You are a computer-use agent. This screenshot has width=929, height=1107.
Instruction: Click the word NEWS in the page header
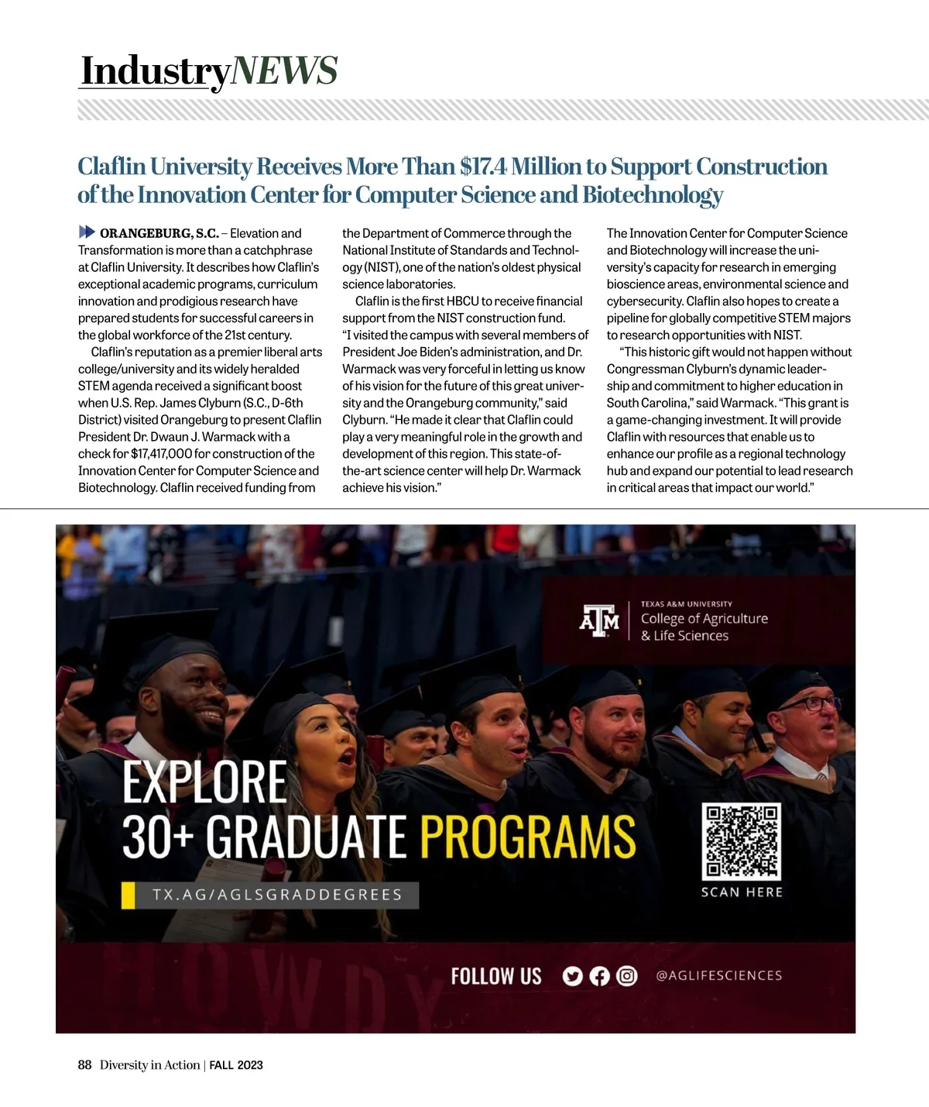[x=284, y=70]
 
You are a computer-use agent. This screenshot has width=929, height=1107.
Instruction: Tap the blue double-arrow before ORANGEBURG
[x=87, y=232]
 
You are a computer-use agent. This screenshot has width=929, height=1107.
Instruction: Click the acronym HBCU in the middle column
[x=461, y=301]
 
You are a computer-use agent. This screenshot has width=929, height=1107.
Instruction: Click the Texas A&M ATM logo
[x=599, y=620]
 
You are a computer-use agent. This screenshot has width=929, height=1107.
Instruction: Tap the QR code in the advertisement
[x=741, y=841]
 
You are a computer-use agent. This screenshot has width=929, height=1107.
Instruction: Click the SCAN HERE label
[x=742, y=892]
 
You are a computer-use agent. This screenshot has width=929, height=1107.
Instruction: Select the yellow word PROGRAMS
[x=527, y=837]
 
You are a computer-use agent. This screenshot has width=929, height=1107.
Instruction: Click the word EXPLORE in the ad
[x=204, y=783]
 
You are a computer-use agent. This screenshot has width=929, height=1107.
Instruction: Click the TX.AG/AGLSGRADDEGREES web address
[x=277, y=895]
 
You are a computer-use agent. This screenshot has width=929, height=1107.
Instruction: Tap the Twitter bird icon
[x=572, y=976]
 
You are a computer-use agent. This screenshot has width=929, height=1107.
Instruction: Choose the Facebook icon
[x=599, y=976]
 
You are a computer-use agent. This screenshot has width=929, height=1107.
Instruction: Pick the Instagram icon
[x=626, y=976]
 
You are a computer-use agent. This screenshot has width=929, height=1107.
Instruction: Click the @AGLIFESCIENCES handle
[x=718, y=976]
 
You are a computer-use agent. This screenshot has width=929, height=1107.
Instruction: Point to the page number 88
[x=84, y=1065]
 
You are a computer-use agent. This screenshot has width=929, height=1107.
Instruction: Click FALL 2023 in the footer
[x=236, y=1065]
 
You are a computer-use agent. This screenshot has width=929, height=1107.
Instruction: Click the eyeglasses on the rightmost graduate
[x=808, y=704]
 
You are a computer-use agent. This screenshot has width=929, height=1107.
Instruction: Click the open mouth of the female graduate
[x=348, y=755]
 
